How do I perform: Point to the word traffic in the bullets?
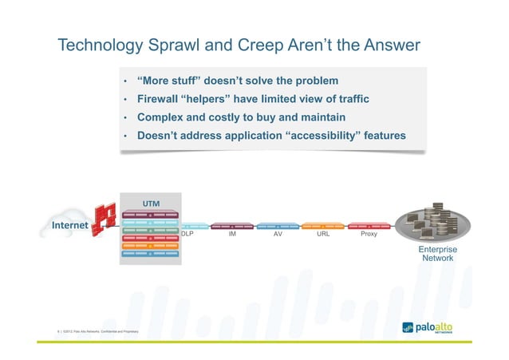tap(349, 100)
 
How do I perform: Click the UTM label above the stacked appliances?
tap(150, 203)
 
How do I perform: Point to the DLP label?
tap(187, 235)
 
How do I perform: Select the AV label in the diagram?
tap(278, 235)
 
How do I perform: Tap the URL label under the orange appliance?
tap(323, 235)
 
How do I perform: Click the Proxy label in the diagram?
tap(369, 235)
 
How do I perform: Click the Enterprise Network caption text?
tap(437, 254)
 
